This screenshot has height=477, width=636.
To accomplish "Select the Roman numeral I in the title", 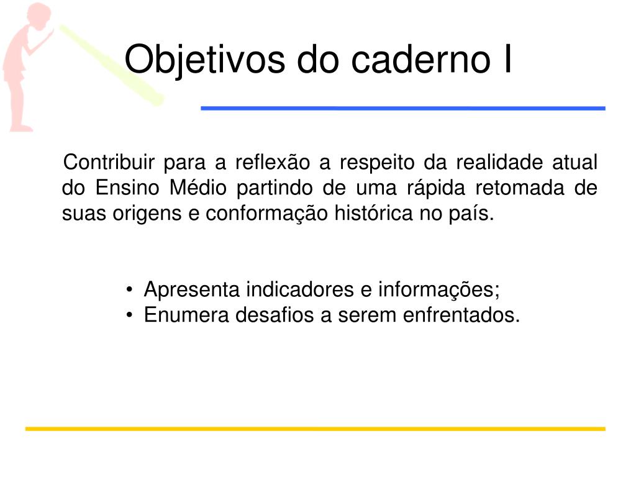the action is point(507,59).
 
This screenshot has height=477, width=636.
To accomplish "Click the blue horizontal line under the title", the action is point(403,108).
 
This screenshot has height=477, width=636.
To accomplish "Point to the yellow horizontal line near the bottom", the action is point(315,429).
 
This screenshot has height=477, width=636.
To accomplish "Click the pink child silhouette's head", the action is point(39,16).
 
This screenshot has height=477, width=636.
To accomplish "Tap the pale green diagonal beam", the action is point(112,65).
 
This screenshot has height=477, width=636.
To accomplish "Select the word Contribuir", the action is point(109,162).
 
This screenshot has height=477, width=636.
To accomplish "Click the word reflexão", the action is point(273,162).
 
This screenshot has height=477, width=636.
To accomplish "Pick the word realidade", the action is point(499,162).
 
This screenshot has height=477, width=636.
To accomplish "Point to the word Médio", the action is point(198,188).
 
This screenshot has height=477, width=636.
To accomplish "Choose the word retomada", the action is point(520,188).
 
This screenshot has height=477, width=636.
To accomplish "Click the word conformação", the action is point(266,214).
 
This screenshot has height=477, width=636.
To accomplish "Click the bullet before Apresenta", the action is point(129,289).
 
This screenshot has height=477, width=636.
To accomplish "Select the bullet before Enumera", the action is point(129,315).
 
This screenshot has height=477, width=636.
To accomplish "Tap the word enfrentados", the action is point(461,315).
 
